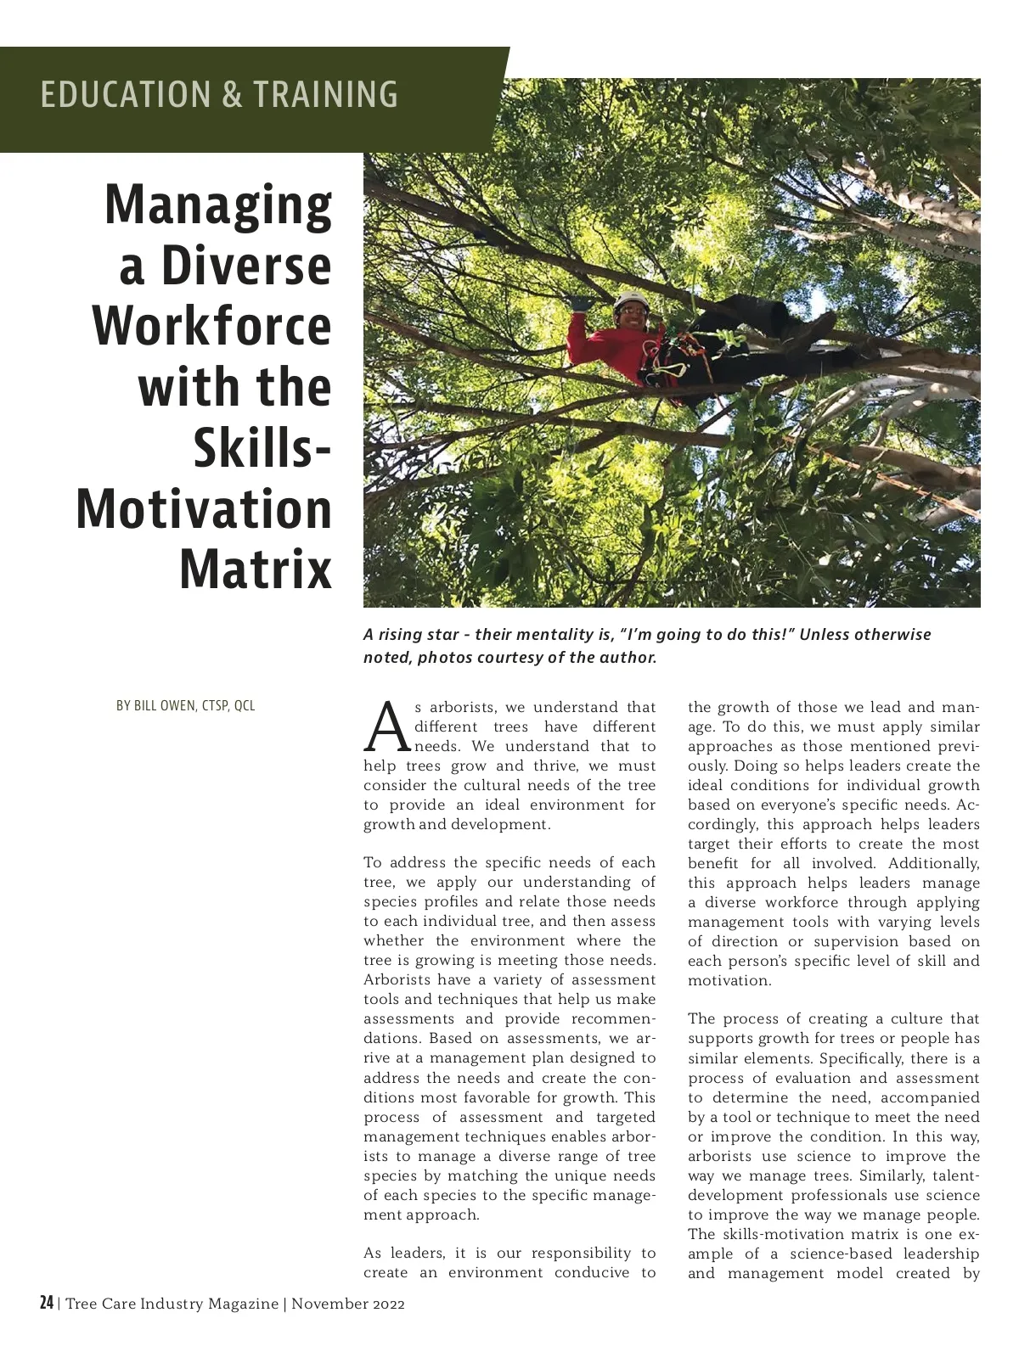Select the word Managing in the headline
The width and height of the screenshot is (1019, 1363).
coord(218,205)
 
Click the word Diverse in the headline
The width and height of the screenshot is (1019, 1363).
coord(246,266)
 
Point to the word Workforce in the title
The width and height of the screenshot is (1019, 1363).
coord(211,327)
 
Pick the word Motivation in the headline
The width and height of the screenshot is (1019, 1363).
coord(204,509)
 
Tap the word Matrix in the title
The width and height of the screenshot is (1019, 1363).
coord(256,569)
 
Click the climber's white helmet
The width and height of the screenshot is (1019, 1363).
coord(629,300)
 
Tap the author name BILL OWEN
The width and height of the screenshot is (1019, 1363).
coord(164,706)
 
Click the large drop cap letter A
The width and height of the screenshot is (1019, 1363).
coord(387,728)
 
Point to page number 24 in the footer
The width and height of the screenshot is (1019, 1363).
coord(47,1304)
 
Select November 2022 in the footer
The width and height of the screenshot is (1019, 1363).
coord(348,1304)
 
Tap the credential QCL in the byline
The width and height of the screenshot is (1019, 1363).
coord(245,706)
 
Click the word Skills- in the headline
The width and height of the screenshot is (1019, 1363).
coord(262,448)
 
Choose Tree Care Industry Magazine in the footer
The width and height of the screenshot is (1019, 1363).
coord(172,1304)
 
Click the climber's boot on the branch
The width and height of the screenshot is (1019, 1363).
coord(821,324)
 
